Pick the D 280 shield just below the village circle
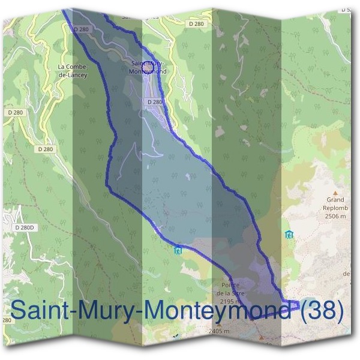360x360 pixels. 154,102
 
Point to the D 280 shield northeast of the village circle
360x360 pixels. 196,23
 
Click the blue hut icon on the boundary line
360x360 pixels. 178,250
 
